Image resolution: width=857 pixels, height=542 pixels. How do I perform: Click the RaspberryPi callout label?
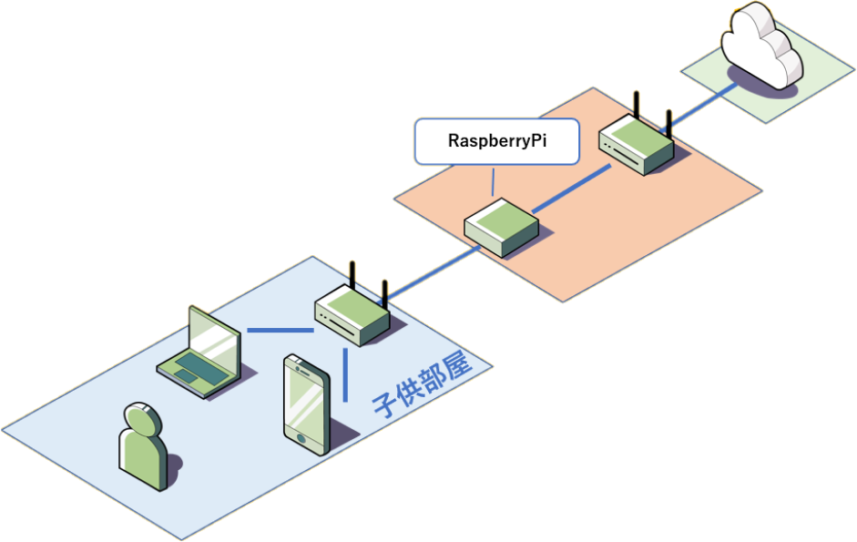(x=497, y=141)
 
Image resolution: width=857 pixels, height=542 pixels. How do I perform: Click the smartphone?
(x=307, y=404)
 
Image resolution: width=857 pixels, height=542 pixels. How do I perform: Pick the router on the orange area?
(x=637, y=143)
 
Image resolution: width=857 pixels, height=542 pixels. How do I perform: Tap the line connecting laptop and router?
(x=281, y=331)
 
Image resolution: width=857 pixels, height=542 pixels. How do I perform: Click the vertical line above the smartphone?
(x=345, y=375)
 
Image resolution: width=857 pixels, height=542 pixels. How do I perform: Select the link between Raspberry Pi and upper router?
(x=572, y=189)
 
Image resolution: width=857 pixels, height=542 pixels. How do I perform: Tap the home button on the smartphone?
(x=301, y=438)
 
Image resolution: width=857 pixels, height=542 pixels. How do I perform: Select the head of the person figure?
(x=143, y=419)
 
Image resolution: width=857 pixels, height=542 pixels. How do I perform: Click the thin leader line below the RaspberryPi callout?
(x=493, y=182)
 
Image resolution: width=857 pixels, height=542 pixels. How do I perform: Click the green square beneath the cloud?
(x=768, y=69)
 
